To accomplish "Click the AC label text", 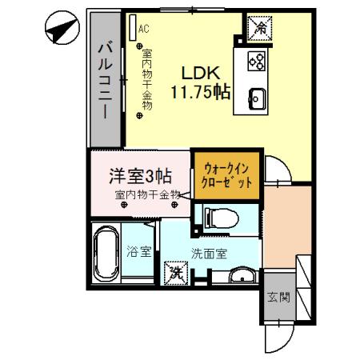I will tap(143, 29).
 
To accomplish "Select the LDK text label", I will tap(200, 70).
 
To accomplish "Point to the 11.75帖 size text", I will tap(200, 90).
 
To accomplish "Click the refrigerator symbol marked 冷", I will tap(259, 27).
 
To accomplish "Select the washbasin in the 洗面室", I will tap(240, 277).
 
